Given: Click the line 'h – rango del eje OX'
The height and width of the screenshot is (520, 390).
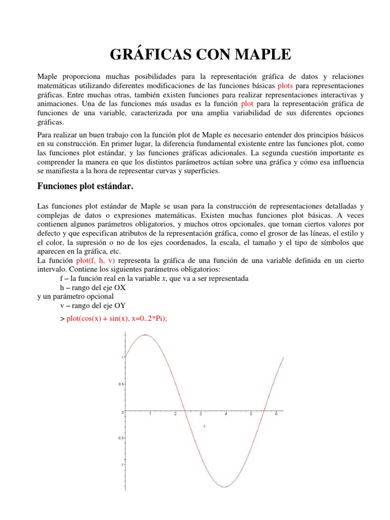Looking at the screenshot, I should pos(92,287).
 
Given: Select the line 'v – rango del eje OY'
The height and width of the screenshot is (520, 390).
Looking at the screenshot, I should pos(92,305).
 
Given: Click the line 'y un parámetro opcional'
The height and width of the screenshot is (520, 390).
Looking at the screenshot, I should pos(76,296).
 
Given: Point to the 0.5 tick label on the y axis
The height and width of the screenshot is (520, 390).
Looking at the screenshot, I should pos(120,384).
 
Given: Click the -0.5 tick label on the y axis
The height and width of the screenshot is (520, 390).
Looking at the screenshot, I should pos(119,438).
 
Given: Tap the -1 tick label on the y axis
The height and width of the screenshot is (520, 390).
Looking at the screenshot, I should pos(121,465).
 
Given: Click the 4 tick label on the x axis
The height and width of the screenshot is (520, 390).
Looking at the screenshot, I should pos(225,415).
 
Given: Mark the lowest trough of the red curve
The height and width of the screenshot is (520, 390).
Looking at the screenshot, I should pos(224,487).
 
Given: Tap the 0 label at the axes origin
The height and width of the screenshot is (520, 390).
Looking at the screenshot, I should pos(122,413).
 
